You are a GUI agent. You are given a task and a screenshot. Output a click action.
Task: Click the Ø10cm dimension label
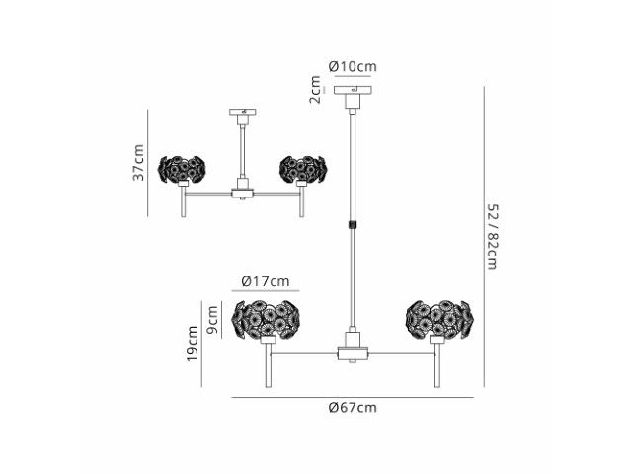(x=353, y=66)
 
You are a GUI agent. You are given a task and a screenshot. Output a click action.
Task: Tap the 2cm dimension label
(x=315, y=90)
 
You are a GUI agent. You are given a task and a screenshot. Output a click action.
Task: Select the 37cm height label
(x=138, y=162)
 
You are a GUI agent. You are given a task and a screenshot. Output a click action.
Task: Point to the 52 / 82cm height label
(x=493, y=237)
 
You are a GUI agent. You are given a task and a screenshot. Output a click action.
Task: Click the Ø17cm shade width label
(x=266, y=280)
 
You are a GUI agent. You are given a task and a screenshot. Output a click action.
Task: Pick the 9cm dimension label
(x=212, y=320)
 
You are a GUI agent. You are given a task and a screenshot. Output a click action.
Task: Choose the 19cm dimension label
(x=193, y=344)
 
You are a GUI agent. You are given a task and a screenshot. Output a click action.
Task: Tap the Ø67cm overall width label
(x=353, y=408)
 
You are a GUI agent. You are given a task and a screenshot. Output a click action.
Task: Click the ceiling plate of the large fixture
(x=353, y=90)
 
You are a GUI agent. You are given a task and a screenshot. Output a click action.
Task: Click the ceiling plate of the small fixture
(x=243, y=112)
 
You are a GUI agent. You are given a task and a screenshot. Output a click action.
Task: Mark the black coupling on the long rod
(x=353, y=224)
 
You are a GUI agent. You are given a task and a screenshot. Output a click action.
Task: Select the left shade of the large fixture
(x=266, y=319)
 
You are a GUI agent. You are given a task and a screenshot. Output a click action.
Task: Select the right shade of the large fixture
(x=439, y=319)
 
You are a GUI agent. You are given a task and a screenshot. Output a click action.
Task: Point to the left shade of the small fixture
(x=182, y=169)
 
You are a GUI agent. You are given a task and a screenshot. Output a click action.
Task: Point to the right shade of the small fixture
(x=303, y=169)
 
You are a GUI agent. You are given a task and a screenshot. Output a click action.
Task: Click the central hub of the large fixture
(x=353, y=354)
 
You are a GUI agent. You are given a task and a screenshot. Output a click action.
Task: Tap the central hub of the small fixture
(x=242, y=194)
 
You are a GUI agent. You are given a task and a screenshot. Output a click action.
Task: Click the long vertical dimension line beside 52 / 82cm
(x=484, y=237)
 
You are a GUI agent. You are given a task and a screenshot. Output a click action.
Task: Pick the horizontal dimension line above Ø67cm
(x=353, y=397)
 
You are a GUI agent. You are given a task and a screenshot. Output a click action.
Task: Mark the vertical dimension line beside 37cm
(x=147, y=162)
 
